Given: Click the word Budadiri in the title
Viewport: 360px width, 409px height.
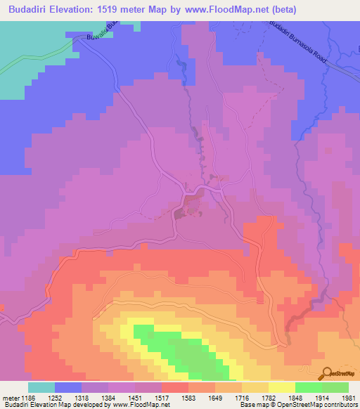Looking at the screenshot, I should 34,10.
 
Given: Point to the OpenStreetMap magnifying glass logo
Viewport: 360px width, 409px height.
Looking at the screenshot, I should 327,373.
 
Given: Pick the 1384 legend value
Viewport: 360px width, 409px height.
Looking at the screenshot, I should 121,397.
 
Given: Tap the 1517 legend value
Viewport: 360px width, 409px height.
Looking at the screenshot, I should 174,397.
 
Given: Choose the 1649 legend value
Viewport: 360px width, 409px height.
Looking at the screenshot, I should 228,397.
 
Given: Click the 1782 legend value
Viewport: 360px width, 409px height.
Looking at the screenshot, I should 281,397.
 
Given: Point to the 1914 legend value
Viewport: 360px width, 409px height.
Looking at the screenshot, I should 335,397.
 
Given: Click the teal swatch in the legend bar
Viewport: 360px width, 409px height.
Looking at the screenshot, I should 41,387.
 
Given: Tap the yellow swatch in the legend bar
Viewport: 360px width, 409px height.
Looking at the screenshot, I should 282,387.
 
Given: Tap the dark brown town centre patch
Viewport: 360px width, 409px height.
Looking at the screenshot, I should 191,204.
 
